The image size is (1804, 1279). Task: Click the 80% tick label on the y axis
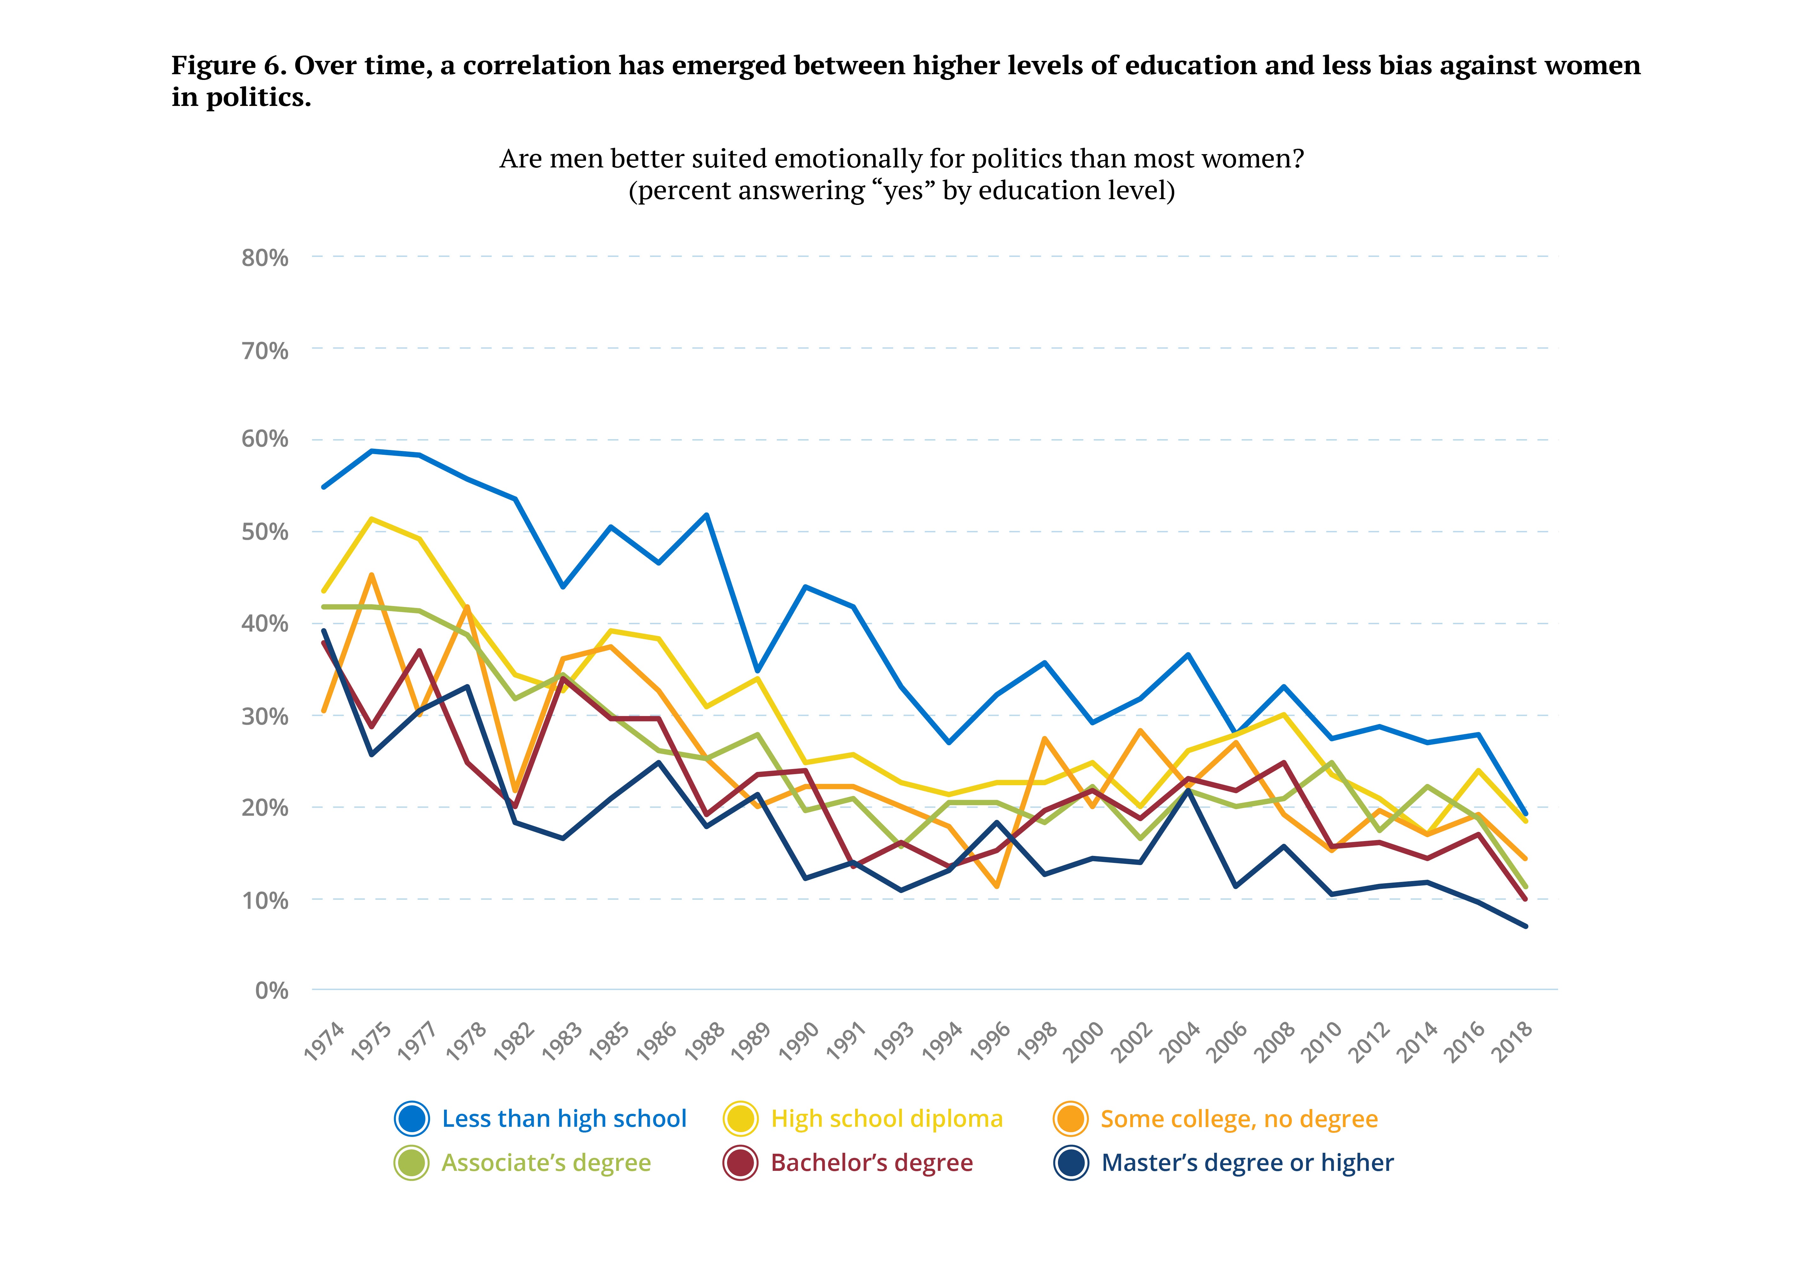pos(264,258)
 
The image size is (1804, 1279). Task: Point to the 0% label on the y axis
pos(272,991)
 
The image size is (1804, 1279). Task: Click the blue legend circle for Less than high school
pos(412,1118)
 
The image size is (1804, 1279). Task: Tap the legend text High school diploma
pos(886,1118)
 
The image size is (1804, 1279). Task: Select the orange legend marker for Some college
pos(1070,1118)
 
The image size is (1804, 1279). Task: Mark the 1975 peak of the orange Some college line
pos(371,575)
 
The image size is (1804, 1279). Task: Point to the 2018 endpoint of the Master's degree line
pos(1525,926)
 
